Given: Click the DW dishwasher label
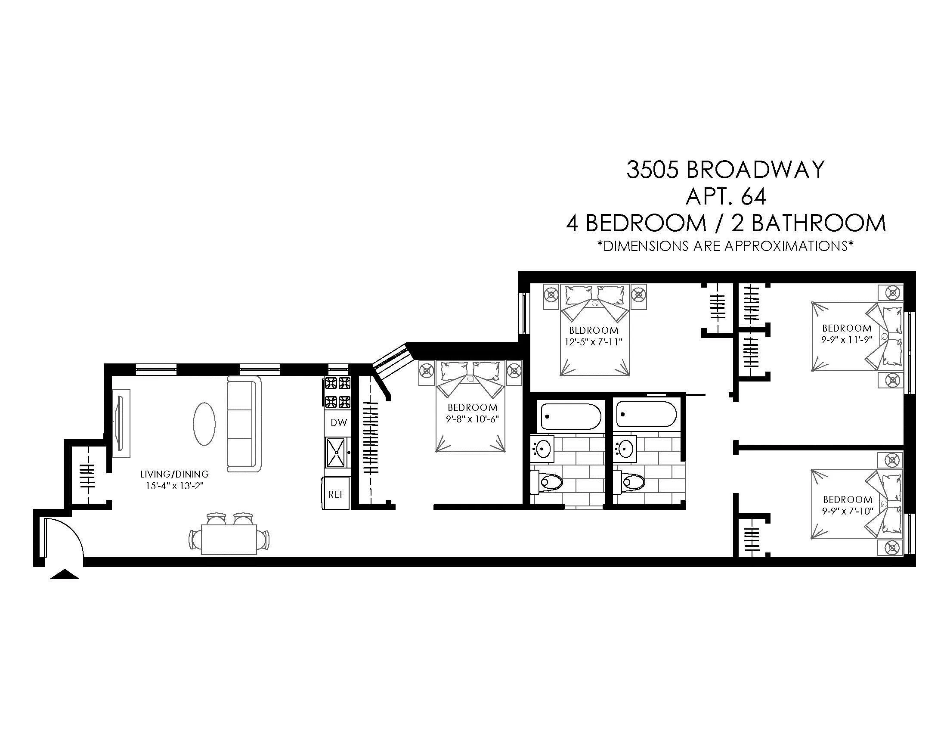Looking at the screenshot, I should (339, 422).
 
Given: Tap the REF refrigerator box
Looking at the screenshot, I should (336, 494).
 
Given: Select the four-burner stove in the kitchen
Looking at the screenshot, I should (338, 393).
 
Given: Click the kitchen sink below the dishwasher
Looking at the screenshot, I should (336, 452).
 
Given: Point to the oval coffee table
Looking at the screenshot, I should (203, 424).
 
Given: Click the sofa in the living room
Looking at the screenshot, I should (244, 424).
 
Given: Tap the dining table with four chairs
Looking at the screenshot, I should (229, 539).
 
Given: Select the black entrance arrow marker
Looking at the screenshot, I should (65, 574).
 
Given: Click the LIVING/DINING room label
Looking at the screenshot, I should (174, 474).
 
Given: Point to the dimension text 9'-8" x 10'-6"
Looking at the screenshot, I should (473, 419).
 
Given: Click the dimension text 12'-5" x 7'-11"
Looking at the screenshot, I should (593, 342).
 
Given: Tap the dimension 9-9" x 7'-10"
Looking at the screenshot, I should (847, 511).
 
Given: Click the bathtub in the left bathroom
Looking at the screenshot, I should (571, 416).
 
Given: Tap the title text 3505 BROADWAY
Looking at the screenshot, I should (725, 170).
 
